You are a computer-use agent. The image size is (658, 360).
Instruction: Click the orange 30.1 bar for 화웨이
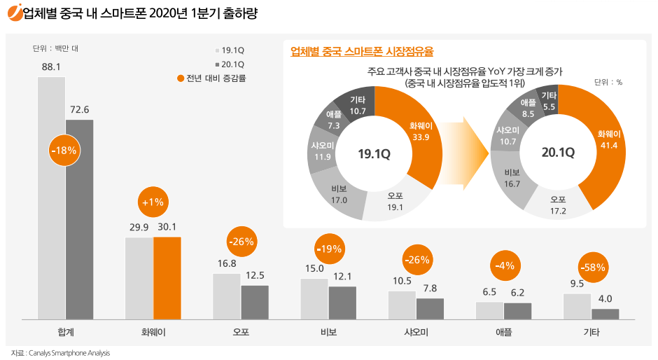click(x=167, y=278)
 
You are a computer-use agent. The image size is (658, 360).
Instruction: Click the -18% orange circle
click(x=64, y=150)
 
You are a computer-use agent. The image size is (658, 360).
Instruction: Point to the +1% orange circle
click(x=153, y=202)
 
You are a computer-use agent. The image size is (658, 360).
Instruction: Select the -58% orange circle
click(x=591, y=267)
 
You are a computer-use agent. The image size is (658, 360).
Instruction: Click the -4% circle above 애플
click(x=504, y=265)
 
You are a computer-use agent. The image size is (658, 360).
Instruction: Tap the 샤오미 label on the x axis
click(x=416, y=332)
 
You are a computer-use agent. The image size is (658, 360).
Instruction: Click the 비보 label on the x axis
click(x=328, y=332)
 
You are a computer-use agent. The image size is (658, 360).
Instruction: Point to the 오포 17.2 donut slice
click(x=558, y=205)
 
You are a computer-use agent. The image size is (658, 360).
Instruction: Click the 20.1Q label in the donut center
click(x=558, y=151)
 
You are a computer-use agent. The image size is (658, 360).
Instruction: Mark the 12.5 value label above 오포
click(x=255, y=275)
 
